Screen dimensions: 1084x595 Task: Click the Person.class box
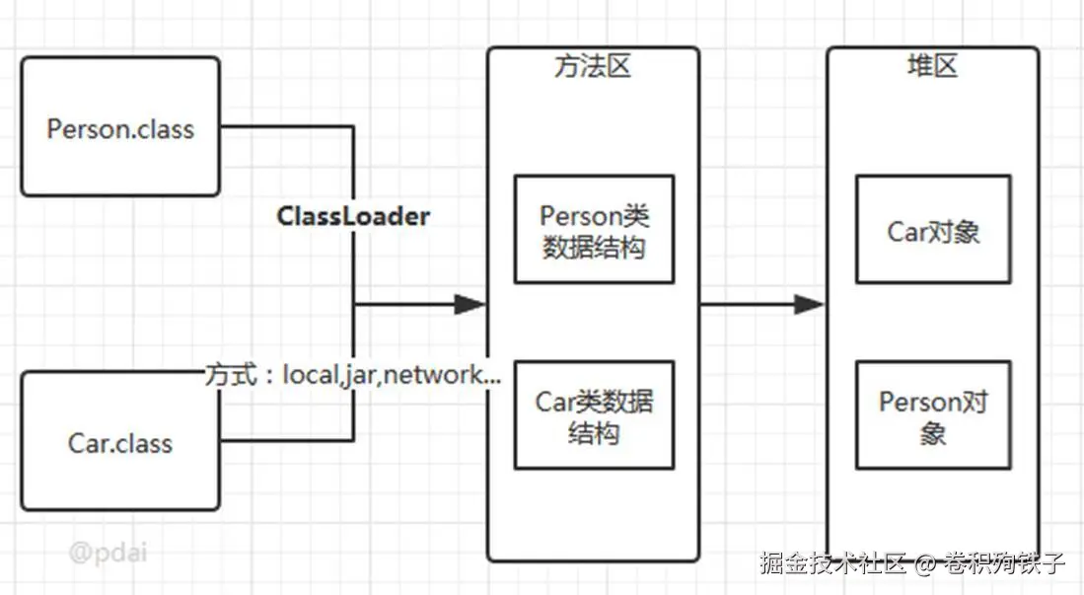120,126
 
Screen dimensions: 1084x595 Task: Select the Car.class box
120,441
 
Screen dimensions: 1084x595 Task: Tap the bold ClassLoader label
353,216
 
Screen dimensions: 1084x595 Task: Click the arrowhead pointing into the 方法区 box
470,304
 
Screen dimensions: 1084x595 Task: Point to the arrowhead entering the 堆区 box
810,304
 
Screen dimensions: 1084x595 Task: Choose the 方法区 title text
593,66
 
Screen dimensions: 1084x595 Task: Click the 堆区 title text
933,66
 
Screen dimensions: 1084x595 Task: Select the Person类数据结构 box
594,230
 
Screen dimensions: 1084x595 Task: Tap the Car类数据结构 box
594,415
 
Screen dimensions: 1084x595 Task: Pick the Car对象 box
933,230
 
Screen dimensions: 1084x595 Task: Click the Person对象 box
933,415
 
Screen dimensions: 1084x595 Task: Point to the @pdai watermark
108,553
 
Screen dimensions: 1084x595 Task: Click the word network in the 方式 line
433,374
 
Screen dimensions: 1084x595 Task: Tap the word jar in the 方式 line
359,376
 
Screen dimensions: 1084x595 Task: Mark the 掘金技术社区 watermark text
833,563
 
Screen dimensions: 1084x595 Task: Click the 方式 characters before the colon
231,375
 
